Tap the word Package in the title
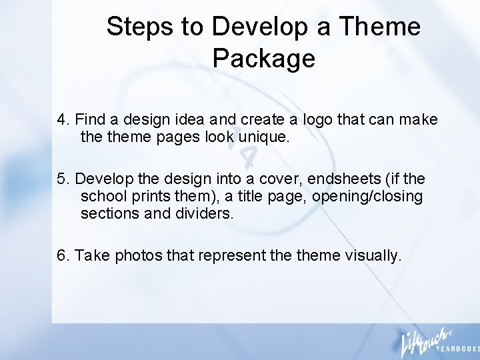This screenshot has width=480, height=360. (x=263, y=59)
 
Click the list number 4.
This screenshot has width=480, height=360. (x=63, y=120)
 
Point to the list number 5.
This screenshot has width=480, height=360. (x=63, y=179)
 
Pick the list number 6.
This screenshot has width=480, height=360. (x=63, y=256)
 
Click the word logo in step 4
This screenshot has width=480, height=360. (x=319, y=120)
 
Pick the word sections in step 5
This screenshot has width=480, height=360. (x=105, y=214)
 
